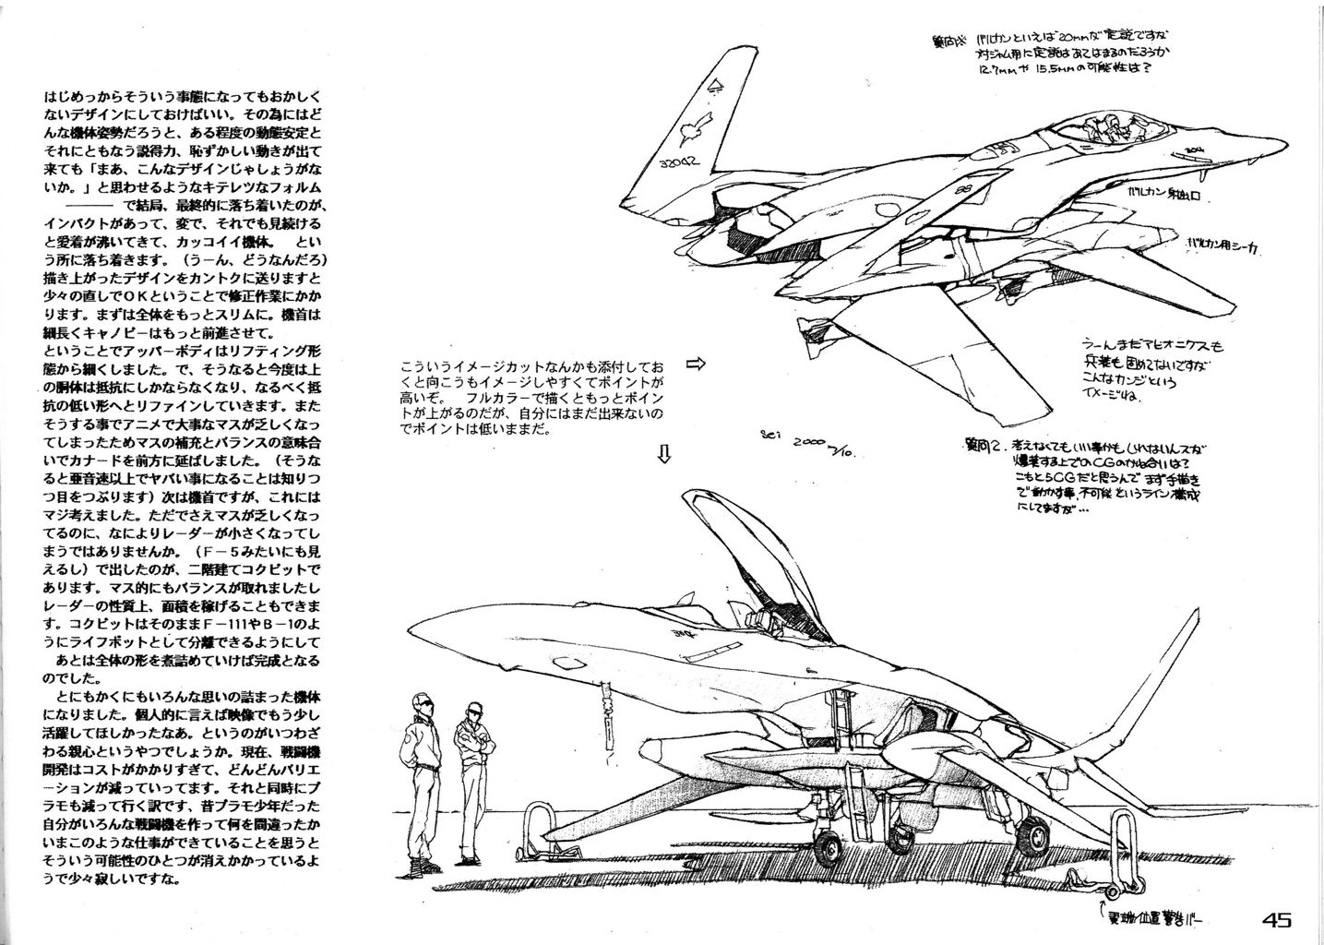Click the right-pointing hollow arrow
696,364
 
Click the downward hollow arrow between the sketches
663,453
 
